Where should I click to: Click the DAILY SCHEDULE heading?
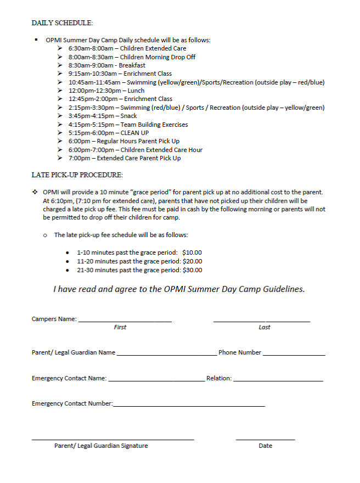(62, 23)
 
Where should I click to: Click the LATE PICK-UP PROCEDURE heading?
(77, 175)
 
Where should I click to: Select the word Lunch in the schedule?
(136, 91)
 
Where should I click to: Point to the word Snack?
(128, 116)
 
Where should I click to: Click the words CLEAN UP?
(134, 133)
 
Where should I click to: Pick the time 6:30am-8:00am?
(89, 48)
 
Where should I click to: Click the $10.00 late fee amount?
(192, 252)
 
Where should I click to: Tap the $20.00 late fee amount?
(192, 261)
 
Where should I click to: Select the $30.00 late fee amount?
(192, 270)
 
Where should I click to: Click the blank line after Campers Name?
(125, 321)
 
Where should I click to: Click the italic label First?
(120, 327)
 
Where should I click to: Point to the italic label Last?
(265, 327)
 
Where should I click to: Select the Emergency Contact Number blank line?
(189, 406)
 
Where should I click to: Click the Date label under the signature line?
(265, 446)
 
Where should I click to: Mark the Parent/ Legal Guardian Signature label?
(101, 446)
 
